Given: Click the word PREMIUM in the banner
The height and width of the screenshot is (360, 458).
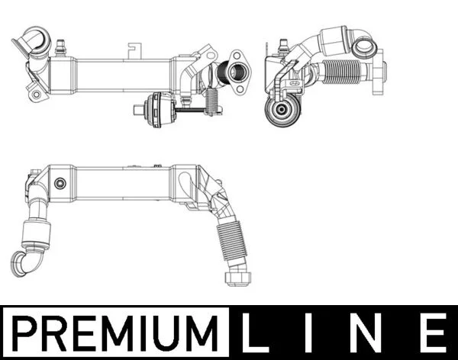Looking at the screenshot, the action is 115,333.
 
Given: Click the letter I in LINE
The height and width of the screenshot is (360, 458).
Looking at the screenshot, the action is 307,333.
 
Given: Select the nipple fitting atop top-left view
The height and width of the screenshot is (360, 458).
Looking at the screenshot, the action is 60,47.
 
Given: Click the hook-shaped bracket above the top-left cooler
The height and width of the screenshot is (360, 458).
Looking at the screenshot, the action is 134,50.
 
